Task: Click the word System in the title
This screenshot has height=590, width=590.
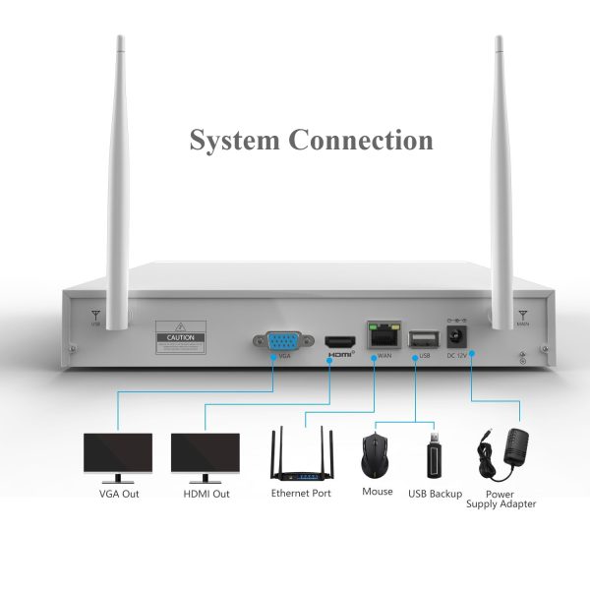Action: [x=232, y=140]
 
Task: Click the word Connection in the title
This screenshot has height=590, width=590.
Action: [x=360, y=140]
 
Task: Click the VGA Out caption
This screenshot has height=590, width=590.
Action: [x=119, y=494]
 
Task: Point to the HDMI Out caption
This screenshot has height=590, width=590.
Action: [x=206, y=494]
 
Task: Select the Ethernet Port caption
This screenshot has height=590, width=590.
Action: [x=301, y=494]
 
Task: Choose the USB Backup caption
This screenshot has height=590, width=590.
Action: [x=435, y=493]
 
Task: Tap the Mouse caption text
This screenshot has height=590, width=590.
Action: [x=377, y=492]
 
